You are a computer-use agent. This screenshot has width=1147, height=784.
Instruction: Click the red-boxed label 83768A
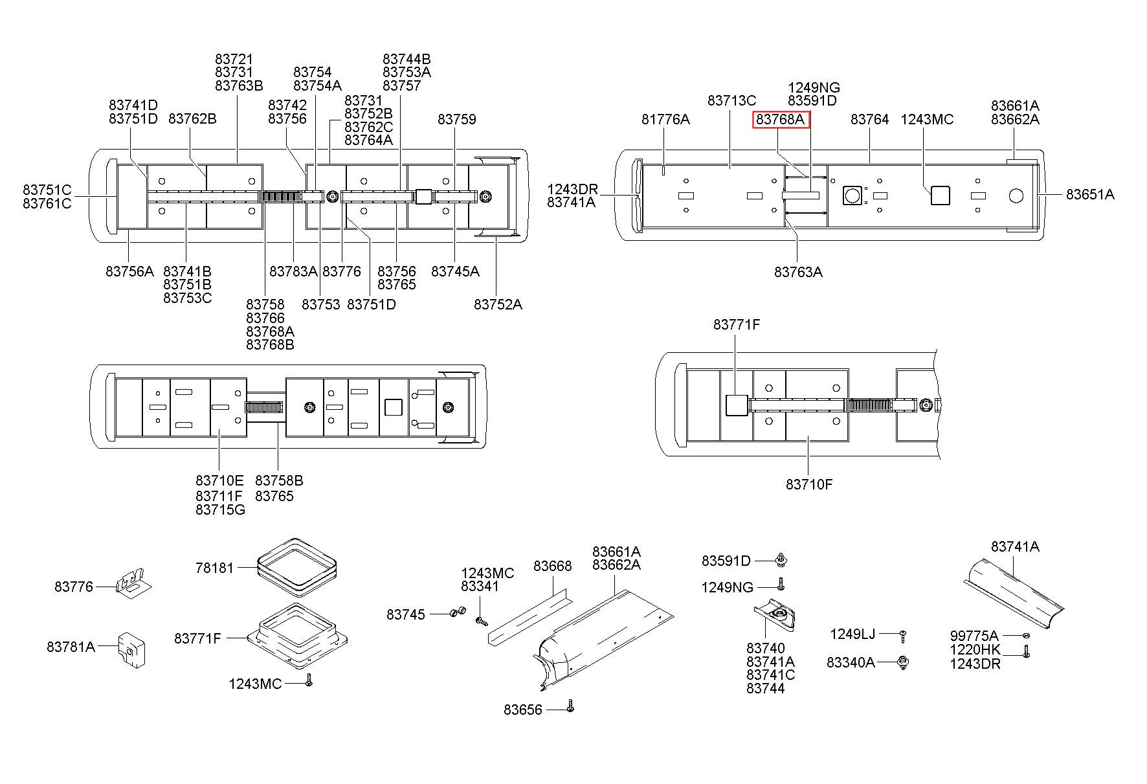(780, 119)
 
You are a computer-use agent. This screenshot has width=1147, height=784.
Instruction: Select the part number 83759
(457, 119)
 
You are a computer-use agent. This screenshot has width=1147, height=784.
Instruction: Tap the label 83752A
(498, 304)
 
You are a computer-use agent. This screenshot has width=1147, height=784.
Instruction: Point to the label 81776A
(665, 119)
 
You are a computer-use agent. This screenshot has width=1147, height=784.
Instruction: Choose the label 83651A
(1091, 194)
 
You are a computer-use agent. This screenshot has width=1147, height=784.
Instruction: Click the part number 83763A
(798, 272)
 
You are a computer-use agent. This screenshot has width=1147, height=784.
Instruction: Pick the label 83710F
(809, 484)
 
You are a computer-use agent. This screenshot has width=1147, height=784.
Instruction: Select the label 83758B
(279, 480)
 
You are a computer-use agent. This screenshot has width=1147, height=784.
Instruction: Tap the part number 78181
(214, 568)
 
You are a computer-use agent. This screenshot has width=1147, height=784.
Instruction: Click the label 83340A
(851, 662)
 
